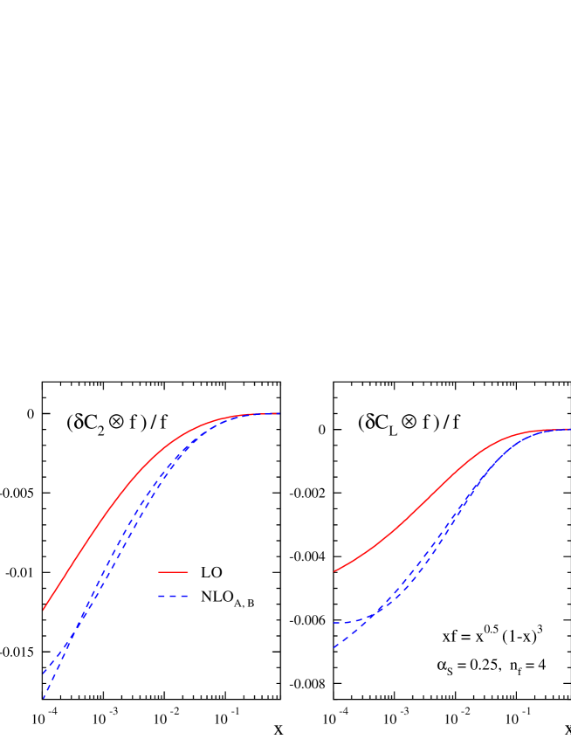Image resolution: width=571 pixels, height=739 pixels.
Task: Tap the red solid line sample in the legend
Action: [x=173, y=572]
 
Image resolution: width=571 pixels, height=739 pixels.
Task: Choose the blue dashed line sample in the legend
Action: [x=173, y=596]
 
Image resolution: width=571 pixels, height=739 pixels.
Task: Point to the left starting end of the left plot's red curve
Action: [x=44, y=610]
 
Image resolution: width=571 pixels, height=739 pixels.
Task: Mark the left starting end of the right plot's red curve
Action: [x=334, y=572]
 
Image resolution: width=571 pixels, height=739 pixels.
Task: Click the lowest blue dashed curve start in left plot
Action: [x=44, y=698]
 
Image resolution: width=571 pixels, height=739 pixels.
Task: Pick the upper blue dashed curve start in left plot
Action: [x=44, y=673]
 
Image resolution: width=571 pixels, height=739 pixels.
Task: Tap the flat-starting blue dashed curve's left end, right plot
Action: [x=334, y=623]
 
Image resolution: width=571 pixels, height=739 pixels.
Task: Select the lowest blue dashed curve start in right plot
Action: [x=334, y=647]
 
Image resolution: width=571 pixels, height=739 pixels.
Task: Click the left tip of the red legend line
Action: [x=159, y=572]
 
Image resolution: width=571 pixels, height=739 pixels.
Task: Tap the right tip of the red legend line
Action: [x=188, y=572]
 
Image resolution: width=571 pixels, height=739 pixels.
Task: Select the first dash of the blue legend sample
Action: [x=162, y=596]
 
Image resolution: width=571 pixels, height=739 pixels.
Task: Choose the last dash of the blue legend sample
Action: [x=185, y=596]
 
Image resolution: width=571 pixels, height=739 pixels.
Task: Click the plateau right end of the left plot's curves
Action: [x=278, y=413]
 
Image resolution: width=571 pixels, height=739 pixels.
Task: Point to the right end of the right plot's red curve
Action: [x=569, y=429]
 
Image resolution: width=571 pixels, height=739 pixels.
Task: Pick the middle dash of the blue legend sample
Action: [x=173, y=596]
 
